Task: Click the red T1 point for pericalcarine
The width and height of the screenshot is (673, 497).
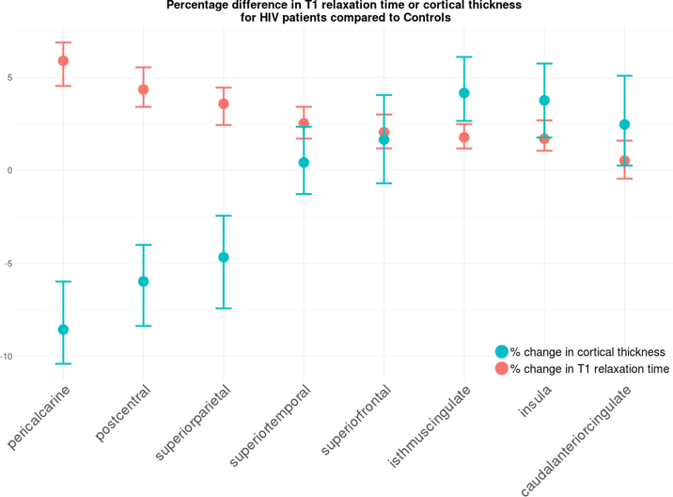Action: (x=63, y=61)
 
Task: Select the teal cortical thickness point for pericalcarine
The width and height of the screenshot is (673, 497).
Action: (x=63, y=329)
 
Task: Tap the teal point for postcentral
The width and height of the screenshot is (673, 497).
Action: (x=143, y=281)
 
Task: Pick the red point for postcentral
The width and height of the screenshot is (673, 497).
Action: (x=143, y=89)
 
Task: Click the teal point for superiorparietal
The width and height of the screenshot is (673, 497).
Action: (x=223, y=257)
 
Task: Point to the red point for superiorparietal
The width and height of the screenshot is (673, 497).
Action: (x=223, y=104)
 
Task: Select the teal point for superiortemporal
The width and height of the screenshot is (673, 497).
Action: (x=304, y=163)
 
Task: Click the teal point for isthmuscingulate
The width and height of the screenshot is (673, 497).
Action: (x=464, y=93)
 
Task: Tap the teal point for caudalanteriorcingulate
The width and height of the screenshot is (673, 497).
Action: (x=624, y=124)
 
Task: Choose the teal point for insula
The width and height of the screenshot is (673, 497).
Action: (x=544, y=101)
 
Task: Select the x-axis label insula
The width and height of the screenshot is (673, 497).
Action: (x=534, y=401)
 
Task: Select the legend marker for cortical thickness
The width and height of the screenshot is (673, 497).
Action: (x=501, y=351)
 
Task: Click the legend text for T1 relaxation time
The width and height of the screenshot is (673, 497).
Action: (x=589, y=370)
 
